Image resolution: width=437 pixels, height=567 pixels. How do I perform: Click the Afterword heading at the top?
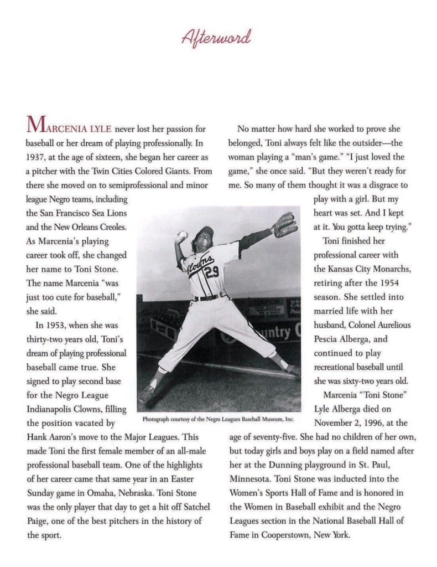(x=218, y=38)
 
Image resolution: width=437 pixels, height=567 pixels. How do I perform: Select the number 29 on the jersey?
(x=212, y=272)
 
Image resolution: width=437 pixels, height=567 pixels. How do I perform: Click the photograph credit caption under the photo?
(x=217, y=419)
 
